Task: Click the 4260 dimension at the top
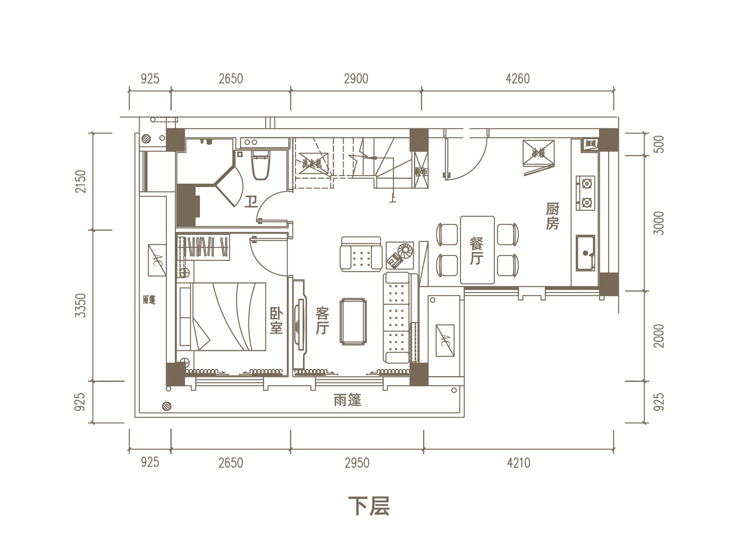pyautogui.click(x=517, y=79)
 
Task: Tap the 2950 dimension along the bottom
pyautogui.click(x=357, y=463)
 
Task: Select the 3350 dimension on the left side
pyautogui.click(x=80, y=305)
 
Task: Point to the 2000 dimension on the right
pyautogui.click(x=658, y=336)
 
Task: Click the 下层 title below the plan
pyautogui.click(x=369, y=506)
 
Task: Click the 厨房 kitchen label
pyautogui.click(x=552, y=216)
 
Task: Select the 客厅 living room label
pyautogui.click(x=322, y=321)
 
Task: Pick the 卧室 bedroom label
pyautogui.click(x=276, y=321)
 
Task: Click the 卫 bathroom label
pyautogui.click(x=251, y=202)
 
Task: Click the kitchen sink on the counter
pyautogui.click(x=585, y=253)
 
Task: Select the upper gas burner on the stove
pyautogui.click(x=586, y=184)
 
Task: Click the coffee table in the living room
pyautogui.click(x=353, y=321)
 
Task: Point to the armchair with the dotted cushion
pyautogui.click(x=361, y=254)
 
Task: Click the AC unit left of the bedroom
pyautogui.click(x=157, y=260)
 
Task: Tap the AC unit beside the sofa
pyautogui.click(x=445, y=341)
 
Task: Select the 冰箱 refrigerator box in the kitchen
pyautogui.click(x=538, y=153)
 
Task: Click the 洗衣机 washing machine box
pyautogui.click(x=313, y=163)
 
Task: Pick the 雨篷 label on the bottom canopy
pyautogui.click(x=347, y=400)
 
